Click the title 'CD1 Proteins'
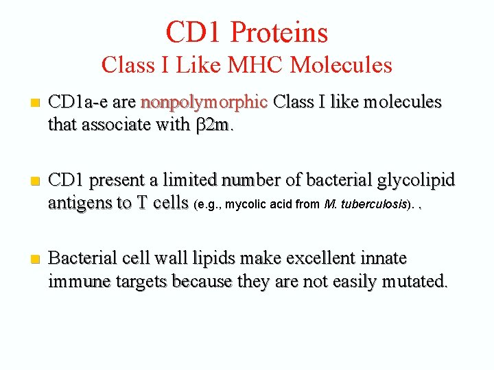coord(247,32)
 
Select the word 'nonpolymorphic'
coord(204,103)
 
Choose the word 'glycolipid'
coord(416,180)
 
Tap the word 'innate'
coord(382,258)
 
